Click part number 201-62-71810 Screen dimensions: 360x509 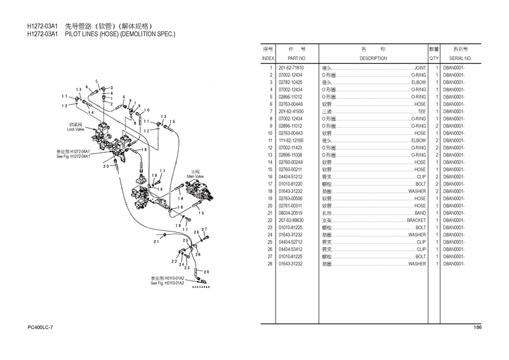click(x=291, y=68)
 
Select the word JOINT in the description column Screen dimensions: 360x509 click(x=419, y=68)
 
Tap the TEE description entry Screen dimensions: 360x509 click(x=422, y=112)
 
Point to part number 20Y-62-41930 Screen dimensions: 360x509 click(x=291, y=112)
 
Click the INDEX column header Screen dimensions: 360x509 click(x=268, y=58)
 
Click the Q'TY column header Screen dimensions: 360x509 click(x=434, y=58)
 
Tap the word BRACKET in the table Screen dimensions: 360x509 click(x=416, y=221)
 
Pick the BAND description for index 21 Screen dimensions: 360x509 click(x=421, y=213)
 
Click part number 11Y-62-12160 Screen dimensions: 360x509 click(x=291, y=141)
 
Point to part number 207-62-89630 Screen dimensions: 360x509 click(x=291, y=221)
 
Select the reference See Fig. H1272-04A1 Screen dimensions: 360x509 click(x=73, y=156)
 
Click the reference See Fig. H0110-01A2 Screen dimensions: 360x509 click(x=167, y=283)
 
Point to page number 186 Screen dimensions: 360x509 click(x=477, y=328)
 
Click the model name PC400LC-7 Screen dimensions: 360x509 click(x=41, y=328)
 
